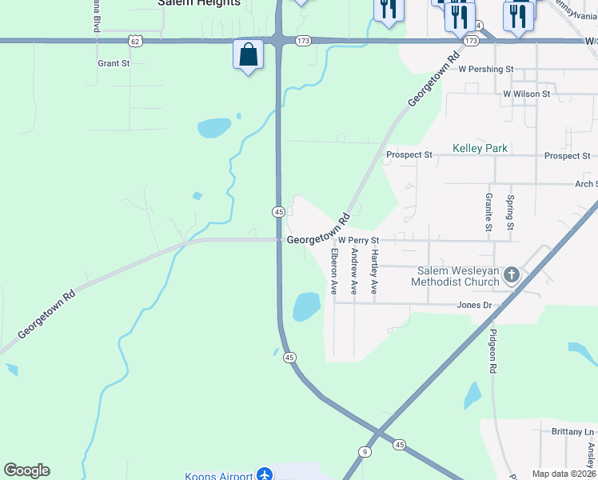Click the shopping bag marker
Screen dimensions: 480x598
249,55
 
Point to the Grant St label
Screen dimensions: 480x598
114,63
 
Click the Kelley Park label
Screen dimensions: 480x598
480,149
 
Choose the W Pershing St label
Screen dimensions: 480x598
486,70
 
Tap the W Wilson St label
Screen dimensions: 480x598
526,94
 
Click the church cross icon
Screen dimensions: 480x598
512,276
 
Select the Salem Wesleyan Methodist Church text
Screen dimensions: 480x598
453,276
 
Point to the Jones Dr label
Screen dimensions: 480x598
473,305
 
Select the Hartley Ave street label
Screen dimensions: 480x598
373,272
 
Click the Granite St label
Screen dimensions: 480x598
488,212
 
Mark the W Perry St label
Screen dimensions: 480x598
357,240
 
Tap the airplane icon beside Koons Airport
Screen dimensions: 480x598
265,475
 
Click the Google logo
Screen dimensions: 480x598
26,470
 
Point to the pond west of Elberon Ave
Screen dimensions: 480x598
306,306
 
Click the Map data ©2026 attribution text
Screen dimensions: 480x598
563,474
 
